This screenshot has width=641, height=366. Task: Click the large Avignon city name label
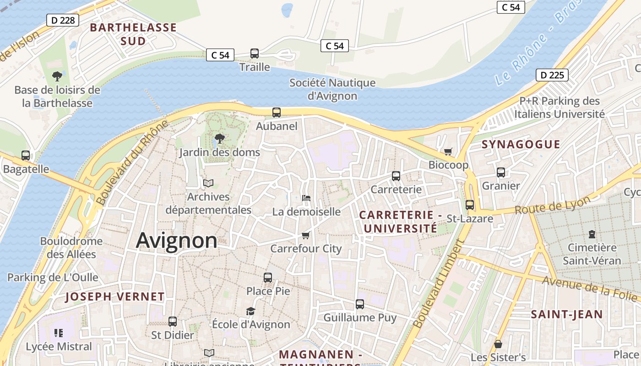pyautogui.click(x=176, y=241)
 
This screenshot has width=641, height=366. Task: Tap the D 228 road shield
pyautogui.click(x=63, y=20)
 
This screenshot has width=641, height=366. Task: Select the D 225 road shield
pyautogui.click(x=552, y=75)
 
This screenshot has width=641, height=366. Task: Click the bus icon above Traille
pyautogui.click(x=255, y=54)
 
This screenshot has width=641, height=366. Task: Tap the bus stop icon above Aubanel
pyautogui.click(x=277, y=113)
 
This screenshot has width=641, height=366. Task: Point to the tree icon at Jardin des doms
pyautogui.click(x=220, y=138)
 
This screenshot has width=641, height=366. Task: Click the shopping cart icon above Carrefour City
pyautogui.click(x=306, y=235)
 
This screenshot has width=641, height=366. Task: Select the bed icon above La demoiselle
pyautogui.click(x=306, y=198)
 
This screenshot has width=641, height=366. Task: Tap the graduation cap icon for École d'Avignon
pyautogui.click(x=250, y=311)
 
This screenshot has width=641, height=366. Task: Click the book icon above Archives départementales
pyautogui.click(x=208, y=183)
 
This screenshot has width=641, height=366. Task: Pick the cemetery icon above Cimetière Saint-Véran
pyautogui.click(x=592, y=234)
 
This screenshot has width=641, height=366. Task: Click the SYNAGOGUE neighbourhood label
pyautogui.click(x=521, y=145)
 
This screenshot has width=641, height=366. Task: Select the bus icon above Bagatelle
pyautogui.click(x=26, y=156)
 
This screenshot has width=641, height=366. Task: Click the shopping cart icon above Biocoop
pyautogui.click(x=448, y=151)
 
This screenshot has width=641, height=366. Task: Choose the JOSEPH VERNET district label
pyautogui.click(x=114, y=296)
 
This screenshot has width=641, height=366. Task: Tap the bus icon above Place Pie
pyautogui.click(x=268, y=277)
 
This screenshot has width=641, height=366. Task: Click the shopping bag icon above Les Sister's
pyautogui.click(x=498, y=344)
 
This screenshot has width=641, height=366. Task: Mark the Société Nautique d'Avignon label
pyautogui.click(x=332, y=89)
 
